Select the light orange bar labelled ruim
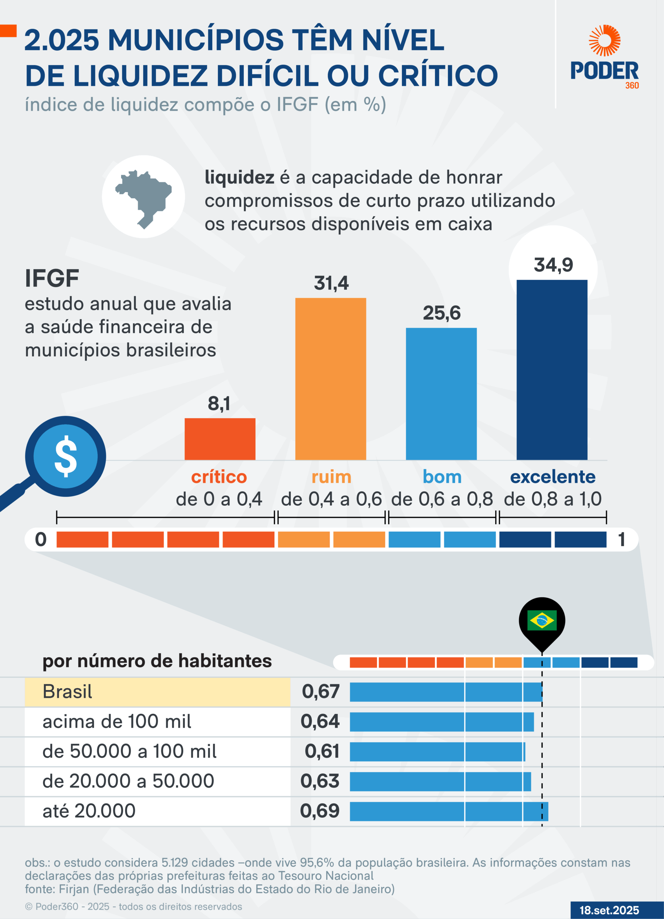[x=330, y=379]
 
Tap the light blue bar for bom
[x=441, y=393]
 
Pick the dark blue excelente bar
[x=552, y=369]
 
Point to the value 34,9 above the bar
[x=553, y=265]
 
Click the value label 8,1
[x=219, y=403]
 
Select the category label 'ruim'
[x=331, y=477]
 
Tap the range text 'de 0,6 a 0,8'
[x=442, y=499]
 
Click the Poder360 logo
[x=604, y=57]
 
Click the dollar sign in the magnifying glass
[x=66, y=456]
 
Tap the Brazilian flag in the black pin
[x=542, y=620]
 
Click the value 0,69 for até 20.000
[x=320, y=811]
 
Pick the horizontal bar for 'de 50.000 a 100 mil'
[x=437, y=752]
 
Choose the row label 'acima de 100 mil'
[x=117, y=722]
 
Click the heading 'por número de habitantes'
[x=157, y=661]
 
